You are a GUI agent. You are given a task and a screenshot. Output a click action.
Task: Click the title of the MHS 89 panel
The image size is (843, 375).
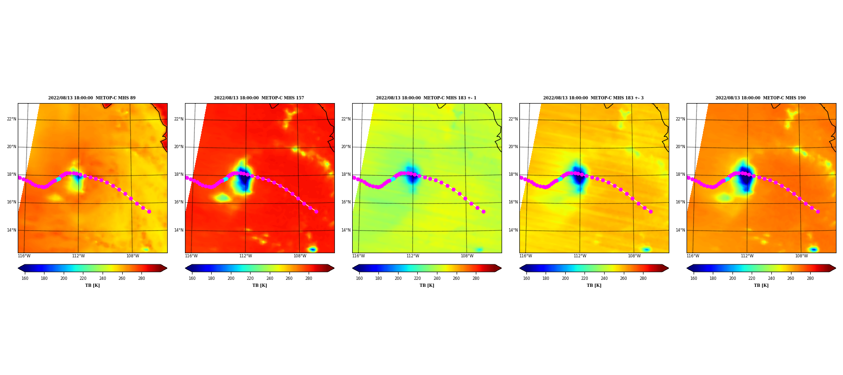coord(92,98)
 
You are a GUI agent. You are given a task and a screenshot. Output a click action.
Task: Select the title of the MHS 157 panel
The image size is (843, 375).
coord(259,98)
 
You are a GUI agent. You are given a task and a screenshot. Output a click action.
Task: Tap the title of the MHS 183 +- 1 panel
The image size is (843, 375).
coord(426,98)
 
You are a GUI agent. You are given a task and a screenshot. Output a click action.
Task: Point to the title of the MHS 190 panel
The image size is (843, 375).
coord(761,98)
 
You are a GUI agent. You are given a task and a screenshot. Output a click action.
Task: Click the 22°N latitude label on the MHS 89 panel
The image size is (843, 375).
coord(11,119)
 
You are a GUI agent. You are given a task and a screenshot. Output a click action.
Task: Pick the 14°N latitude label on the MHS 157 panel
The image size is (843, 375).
coord(178,230)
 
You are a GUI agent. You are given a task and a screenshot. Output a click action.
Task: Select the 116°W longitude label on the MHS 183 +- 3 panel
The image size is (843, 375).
coord(525,256)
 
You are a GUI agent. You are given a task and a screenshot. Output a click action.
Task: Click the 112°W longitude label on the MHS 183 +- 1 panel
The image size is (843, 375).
coord(413,256)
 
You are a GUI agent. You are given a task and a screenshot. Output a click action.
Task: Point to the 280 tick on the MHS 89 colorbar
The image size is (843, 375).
coord(141,278)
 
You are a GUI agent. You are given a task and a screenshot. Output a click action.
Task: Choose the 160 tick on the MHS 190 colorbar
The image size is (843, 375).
coord(694,278)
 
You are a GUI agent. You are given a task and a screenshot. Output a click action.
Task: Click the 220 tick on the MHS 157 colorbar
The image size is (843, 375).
coord(250,278)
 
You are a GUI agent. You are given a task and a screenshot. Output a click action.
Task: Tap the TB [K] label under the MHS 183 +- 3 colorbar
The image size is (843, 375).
coord(594,285)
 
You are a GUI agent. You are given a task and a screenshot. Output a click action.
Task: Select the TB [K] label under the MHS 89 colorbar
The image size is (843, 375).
coord(92,285)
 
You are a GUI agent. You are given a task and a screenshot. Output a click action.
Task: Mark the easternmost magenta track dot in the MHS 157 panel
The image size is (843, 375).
coord(316,211)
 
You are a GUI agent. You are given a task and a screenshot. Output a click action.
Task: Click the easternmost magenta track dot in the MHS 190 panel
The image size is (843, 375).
coord(818,211)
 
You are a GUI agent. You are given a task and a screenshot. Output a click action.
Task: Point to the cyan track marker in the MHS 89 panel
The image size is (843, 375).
coord(59,179)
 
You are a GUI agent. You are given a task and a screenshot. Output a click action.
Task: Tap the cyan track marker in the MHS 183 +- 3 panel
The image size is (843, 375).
coord(561,179)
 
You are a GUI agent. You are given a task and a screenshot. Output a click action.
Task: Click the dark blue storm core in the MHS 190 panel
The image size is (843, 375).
coord(745,177)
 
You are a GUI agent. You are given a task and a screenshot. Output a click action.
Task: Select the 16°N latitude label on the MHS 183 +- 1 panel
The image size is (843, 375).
coord(346,202)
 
